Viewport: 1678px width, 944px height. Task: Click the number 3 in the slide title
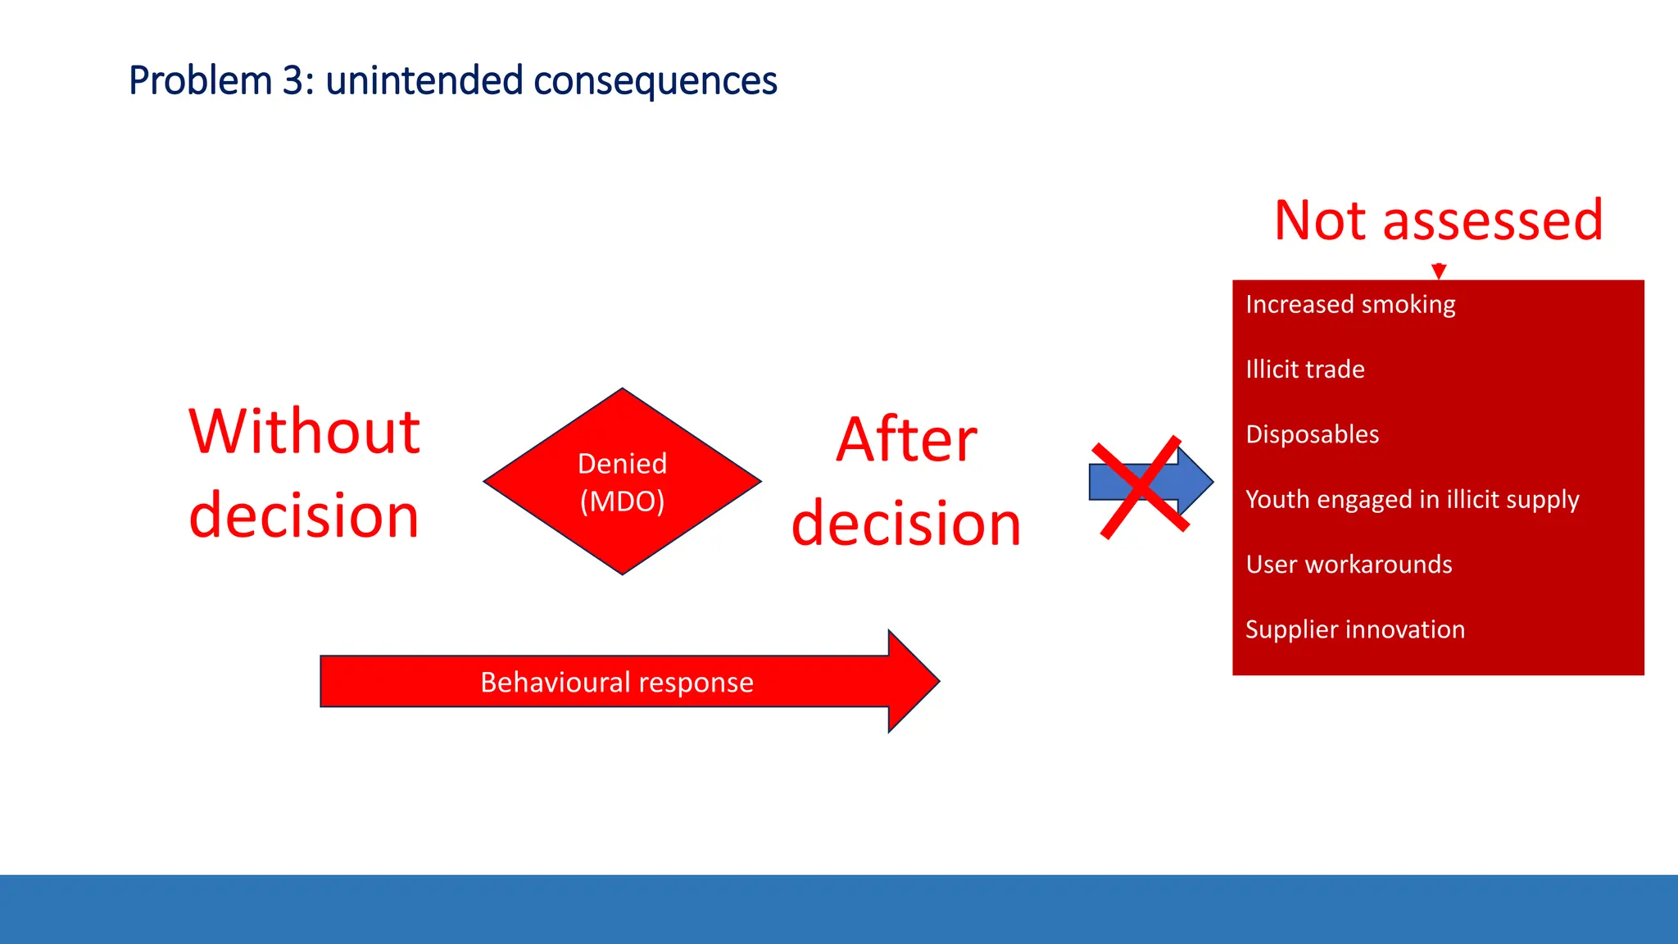[293, 81]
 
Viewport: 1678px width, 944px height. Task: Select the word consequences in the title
[655, 81]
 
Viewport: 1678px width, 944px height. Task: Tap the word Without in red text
[304, 432]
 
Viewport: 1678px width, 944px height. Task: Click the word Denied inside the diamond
[622, 464]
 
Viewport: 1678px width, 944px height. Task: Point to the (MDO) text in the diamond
[622, 501]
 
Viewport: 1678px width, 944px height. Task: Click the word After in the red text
[906, 440]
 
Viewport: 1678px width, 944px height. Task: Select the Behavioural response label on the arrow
[616, 682]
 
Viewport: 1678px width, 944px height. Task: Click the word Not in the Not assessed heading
[1322, 220]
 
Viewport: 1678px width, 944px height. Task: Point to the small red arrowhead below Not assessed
[1438, 271]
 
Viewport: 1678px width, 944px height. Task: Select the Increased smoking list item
[1350, 304]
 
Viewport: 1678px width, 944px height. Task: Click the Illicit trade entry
[1304, 369]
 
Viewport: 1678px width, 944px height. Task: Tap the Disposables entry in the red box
[1312, 434]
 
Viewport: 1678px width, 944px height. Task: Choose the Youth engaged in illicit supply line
[1412, 499]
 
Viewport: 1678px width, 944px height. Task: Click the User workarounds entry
[1349, 565]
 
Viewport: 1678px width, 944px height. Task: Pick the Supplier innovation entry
[1354, 629]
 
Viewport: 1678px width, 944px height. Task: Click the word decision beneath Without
[304, 515]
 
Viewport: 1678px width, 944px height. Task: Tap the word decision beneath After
[906, 524]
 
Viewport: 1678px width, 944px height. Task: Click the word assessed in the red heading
[1492, 220]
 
